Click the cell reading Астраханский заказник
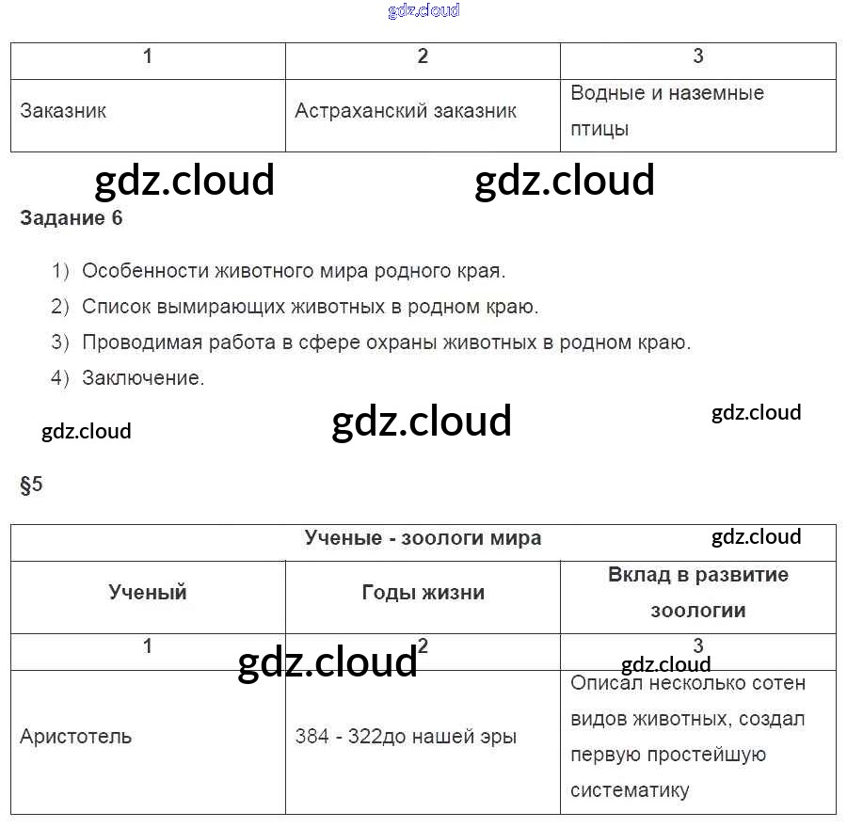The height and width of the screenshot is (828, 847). point(406,111)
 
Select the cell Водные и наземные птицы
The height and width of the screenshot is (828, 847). point(667,111)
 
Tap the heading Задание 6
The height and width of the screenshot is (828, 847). point(72,218)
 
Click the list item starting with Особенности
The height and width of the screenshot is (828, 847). point(294,271)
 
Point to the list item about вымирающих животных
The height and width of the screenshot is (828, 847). point(310,307)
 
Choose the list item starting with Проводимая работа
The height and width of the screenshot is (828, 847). point(386,342)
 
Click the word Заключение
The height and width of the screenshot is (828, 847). point(143,378)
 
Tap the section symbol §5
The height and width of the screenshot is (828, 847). point(31,486)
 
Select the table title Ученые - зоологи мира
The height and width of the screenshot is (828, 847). point(423,538)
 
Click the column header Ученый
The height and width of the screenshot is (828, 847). point(148,592)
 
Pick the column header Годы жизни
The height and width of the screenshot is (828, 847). point(423,592)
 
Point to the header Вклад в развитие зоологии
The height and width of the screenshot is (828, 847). point(697,592)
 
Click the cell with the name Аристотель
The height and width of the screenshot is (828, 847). point(76,736)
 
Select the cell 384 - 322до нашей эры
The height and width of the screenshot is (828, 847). point(406,737)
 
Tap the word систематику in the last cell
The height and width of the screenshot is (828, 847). point(631,790)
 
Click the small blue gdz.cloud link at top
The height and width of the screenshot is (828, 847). point(423,11)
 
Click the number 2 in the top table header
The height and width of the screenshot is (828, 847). point(423,56)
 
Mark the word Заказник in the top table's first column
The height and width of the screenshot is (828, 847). point(63,111)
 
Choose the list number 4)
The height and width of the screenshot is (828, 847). point(61,378)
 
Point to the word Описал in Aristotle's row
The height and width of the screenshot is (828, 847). point(603,683)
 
